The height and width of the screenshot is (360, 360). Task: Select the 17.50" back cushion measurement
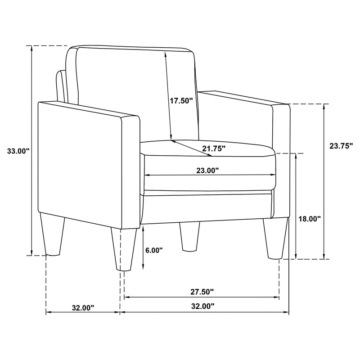(181, 101)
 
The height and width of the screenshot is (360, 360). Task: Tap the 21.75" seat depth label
(213, 148)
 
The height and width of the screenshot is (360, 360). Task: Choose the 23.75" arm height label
(341, 145)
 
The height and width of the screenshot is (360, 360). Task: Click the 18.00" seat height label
(310, 219)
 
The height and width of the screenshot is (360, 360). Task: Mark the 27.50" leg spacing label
(201, 292)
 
